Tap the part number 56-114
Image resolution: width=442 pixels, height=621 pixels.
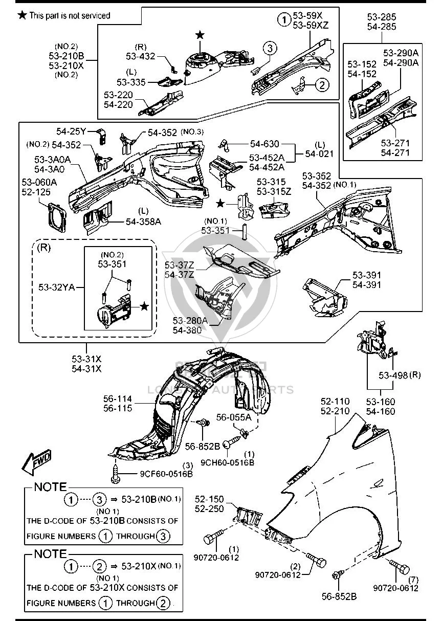click(118, 399)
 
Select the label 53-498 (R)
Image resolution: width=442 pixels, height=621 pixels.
click(400, 375)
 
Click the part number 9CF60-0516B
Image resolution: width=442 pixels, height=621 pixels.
click(166, 474)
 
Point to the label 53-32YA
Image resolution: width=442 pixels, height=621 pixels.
click(57, 287)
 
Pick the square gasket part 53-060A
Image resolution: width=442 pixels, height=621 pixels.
click(57, 217)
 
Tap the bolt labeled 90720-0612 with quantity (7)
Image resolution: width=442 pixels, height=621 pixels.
click(400, 567)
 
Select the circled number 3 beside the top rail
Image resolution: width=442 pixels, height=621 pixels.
click(270, 48)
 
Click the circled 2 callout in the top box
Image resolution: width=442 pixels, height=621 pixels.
click(322, 84)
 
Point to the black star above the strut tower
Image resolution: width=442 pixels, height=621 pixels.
click(200, 35)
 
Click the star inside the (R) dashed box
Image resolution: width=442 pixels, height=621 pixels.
click(144, 306)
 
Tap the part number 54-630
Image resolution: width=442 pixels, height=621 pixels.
click(264, 144)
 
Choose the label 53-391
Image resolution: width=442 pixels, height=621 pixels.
click(367, 275)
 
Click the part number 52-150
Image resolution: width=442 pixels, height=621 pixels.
click(209, 499)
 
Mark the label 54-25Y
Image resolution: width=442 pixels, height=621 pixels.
click(71, 131)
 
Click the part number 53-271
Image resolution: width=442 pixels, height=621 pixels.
click(395, 143)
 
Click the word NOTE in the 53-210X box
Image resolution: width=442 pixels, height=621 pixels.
click(51, 553)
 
